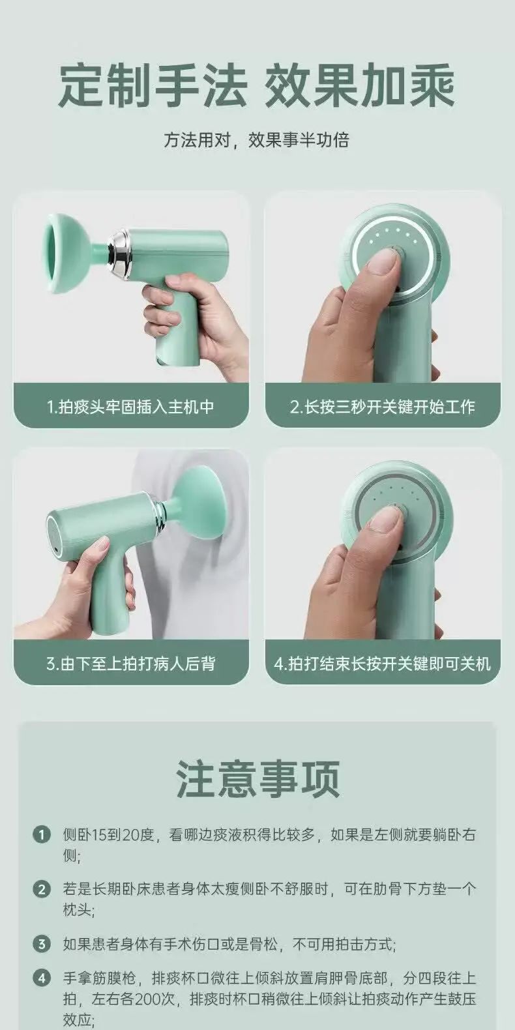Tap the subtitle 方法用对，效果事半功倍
tap(257, 140)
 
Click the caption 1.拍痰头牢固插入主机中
tap(130, 407)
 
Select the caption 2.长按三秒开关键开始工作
tap(383, 407)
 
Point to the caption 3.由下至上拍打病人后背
tap(130, 664)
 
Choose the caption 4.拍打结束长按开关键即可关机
tap(383, 664)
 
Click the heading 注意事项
tap(258, 778)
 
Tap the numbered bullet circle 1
tap(41, 834)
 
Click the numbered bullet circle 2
tap(41, 889)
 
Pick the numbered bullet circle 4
tap(41, 978)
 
